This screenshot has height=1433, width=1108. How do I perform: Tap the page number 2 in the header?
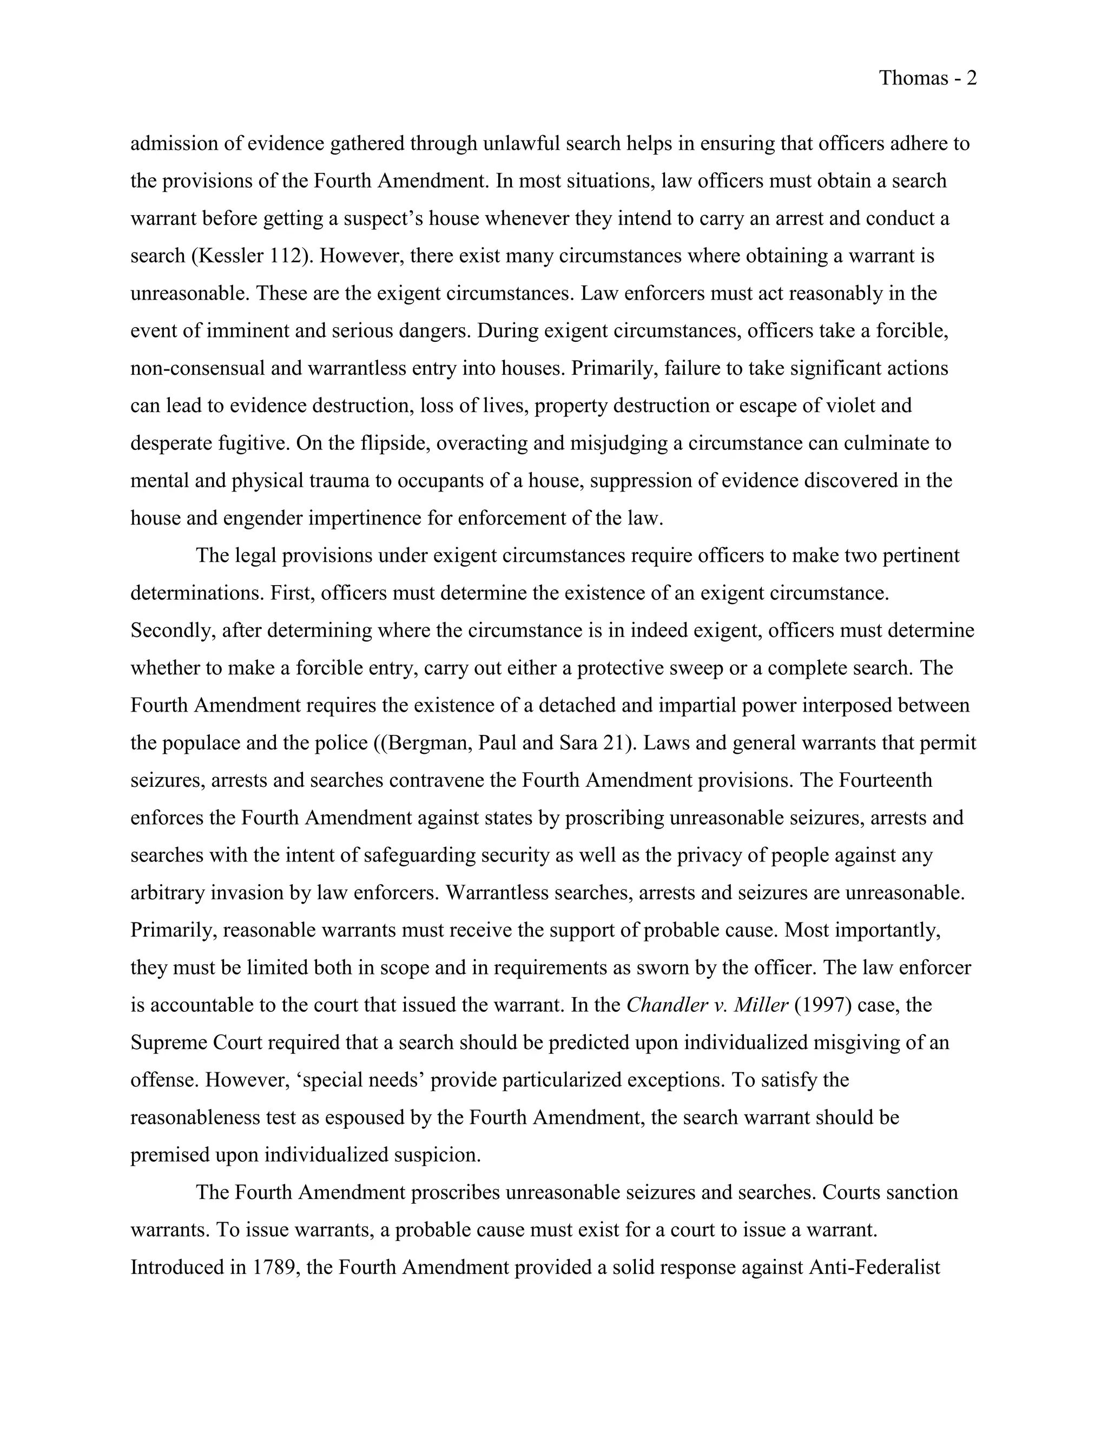point(972,79)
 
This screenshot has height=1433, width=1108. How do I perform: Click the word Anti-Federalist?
point(874,1268)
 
